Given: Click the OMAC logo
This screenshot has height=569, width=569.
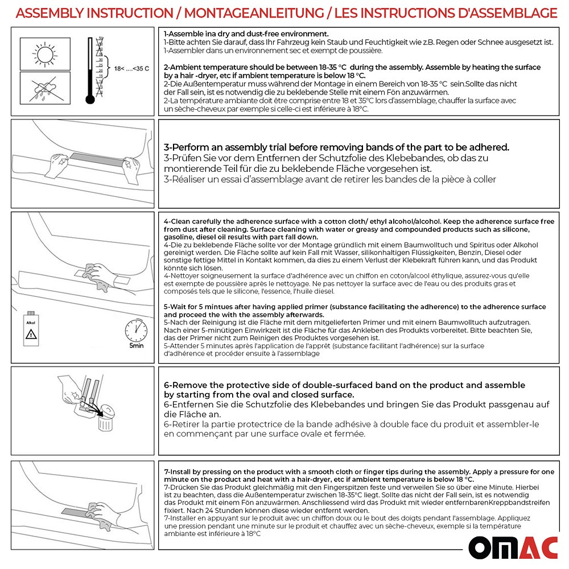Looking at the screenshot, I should click(513, 547).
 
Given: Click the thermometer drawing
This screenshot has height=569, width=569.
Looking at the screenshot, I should click(90, 71).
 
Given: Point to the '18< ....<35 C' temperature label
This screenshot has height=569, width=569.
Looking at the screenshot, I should click(131, 69).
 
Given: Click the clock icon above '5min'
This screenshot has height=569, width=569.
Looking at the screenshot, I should click(135, 329).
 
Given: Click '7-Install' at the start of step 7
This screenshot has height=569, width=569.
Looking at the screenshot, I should click(178, 472).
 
